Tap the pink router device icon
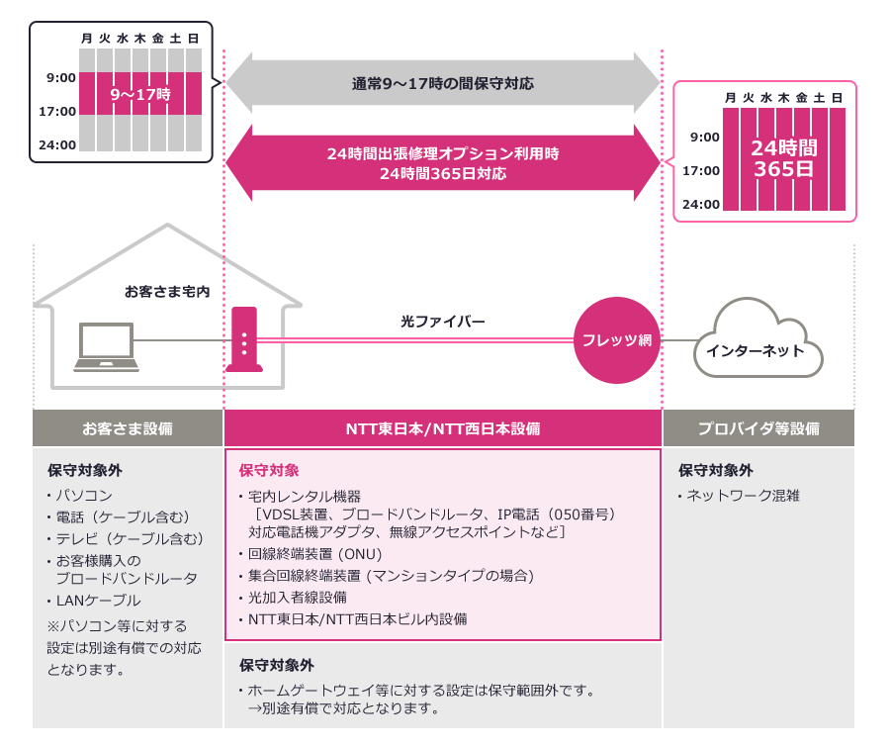(x=243, y=339)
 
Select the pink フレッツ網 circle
(x=617, y=339)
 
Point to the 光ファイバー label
(x=443, y=322)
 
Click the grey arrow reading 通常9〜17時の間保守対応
(x=443, y=84)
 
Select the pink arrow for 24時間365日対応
(x=443, y=163)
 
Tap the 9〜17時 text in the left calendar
(x=140, y=94)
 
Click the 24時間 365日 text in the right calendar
(x=784, y=158)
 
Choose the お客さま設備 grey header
(x=128, y=428)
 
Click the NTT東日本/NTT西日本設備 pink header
(x=443, y=428)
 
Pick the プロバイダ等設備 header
(x=758, y=428)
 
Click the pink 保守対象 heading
(x=269, y=470)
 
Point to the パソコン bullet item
(x=83, y=495)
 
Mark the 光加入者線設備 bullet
(x=298, y=598)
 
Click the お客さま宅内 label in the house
(x=167, y=292)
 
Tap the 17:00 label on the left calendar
(x=57, y=111)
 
